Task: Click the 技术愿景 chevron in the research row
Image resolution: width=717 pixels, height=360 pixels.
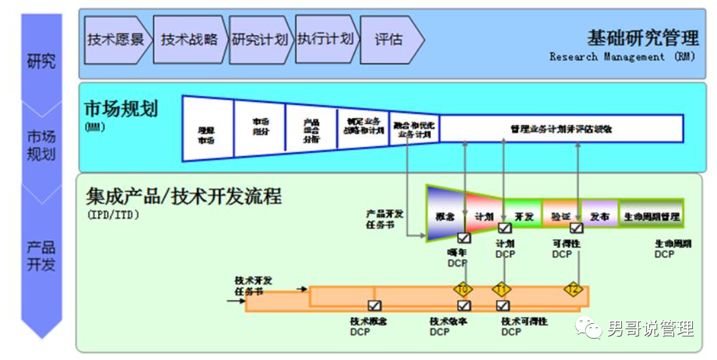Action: pyautogui.click(x=115, y=40)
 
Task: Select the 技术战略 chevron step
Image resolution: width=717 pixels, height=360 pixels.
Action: pyautogui.click(x=189, y=40)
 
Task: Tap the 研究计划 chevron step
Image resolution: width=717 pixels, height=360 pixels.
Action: pyautogui.click(x=259, y=40)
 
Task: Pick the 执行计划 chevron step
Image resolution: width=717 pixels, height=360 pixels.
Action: pyautogui.click(x=325, y=40)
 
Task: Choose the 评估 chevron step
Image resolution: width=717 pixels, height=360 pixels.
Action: pyautogui.click(x=389, y=40)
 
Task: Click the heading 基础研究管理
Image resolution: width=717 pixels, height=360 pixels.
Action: pyautogui.click(x=642, y=38)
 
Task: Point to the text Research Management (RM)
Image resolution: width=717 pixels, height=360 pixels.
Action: pyautogui.click(x=622, y=57)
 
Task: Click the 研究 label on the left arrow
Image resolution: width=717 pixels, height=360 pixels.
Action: pyautogui.click(x=41, y=62)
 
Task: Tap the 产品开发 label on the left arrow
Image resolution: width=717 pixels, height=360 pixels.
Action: pyautogui.click(x=41, y=255)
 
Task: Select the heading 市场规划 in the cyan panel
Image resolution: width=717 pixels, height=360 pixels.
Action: pyautogui.click(x=121, y=109)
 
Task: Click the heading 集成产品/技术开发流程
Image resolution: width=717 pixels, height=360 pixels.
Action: pyautogui.click(x=184, y=196)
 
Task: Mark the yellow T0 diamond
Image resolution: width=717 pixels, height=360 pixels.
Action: pyautogui.click(x=464, y=289)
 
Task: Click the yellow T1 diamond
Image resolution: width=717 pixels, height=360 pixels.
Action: pyautogui.click(x=502, y=289)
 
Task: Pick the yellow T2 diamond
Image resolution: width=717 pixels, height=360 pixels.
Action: pyautogui.click(x=573, y=289)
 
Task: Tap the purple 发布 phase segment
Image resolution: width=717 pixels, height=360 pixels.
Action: pyautogui.click(x=599, y=217)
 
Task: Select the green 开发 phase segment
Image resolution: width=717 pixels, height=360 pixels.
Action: pyautogui.click(x=523, y=217)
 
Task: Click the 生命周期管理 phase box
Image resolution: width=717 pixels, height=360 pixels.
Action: pyautogui.click(x=651, y=217)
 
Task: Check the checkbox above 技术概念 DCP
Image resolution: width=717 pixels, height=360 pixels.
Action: pyautogui.click(x=375, y=306)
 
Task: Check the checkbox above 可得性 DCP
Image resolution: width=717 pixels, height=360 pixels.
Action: pyautogui.click(x=576, y=228)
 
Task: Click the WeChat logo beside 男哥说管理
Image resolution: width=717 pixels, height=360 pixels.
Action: pyautogui.click(x=590, y=328)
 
